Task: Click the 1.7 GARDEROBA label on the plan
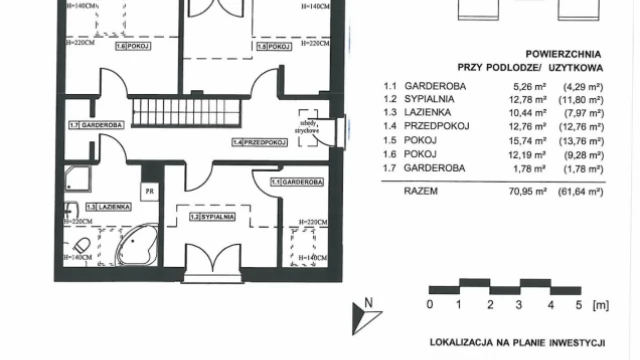click(96, 126)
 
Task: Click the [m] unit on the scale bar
click(600, 303)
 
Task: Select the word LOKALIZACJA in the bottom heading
click(464, 342)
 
